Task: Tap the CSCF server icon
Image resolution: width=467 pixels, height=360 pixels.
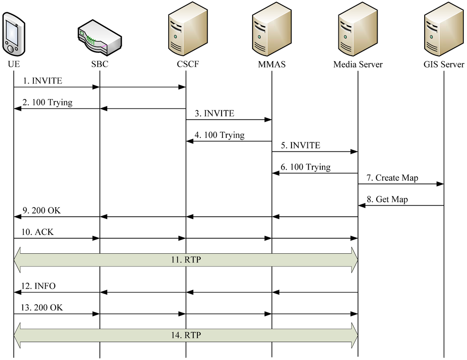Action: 187,30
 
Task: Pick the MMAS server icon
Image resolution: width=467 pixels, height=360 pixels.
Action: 272,30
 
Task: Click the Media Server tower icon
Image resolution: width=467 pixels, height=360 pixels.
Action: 358,30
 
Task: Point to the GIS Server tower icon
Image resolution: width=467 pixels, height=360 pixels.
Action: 444,30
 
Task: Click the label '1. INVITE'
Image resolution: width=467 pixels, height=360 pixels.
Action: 42,81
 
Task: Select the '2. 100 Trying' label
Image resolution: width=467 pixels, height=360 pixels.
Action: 47,103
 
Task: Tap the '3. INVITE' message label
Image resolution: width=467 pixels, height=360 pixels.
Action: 214,114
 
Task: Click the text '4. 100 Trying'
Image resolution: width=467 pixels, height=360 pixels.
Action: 219,136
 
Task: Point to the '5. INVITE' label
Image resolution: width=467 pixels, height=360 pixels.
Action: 301,146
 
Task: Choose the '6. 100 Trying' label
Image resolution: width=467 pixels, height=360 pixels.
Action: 306,167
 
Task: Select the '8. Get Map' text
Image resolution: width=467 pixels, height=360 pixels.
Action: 387,199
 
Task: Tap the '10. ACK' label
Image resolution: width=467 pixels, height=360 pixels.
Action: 38,232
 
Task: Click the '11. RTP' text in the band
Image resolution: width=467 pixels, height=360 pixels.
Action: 186,260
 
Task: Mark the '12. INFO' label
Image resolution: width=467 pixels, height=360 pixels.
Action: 39,286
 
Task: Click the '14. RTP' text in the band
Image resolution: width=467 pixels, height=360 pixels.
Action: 186,335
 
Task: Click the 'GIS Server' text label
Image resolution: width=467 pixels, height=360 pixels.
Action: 444,64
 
